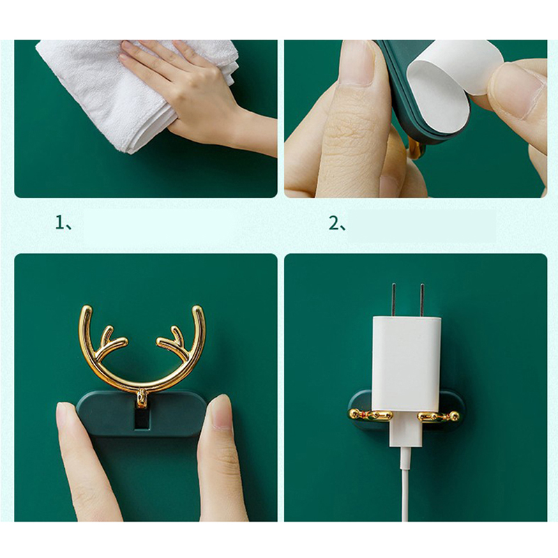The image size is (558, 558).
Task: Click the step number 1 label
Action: coord(63,223)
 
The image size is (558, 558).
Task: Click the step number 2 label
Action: coord(337,223)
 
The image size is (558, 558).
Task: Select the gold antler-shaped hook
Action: coord(142,352)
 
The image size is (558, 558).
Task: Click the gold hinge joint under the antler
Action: coord(142,398)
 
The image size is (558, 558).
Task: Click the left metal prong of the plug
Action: coord(394,300)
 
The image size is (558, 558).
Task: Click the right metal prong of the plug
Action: coord(422,300)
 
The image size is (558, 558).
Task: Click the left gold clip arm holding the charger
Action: coord(371,415)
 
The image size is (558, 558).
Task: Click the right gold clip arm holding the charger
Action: coord(439,416)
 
